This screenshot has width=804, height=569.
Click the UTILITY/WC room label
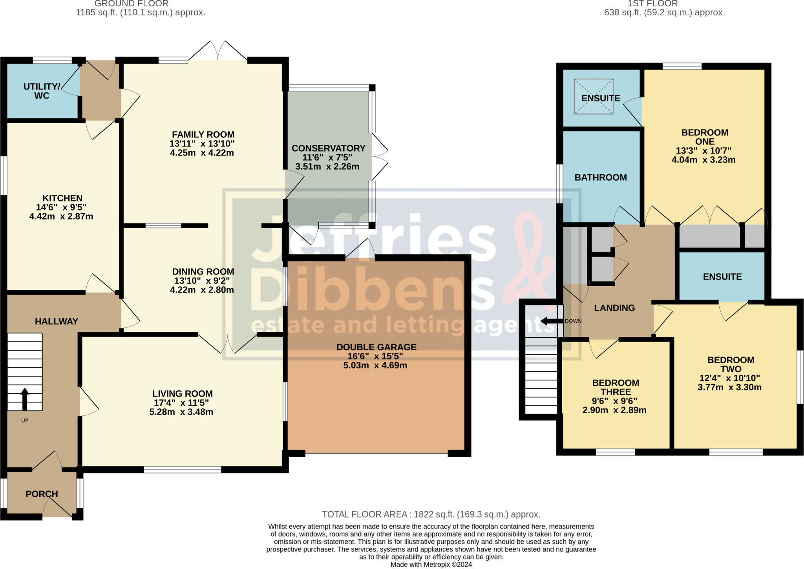pos(42,91)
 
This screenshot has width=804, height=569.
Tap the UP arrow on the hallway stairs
pos(25,399)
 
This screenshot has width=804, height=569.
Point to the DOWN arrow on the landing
pos(552,321)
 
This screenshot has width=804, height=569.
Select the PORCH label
pos(42,494)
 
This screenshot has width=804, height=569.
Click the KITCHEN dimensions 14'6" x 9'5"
pos(61,207)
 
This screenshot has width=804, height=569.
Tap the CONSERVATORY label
pos(329,148)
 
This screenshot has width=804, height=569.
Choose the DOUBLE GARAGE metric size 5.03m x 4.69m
pos(375,366)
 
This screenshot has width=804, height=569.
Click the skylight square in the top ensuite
pos(594,97)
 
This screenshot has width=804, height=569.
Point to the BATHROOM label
pos(601,177)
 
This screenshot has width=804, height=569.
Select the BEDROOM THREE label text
pos(616,388)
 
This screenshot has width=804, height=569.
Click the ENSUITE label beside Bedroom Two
pos(722,277)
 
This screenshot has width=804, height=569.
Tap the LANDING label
pos(614,308)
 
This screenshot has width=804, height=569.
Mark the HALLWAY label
pos(57,322)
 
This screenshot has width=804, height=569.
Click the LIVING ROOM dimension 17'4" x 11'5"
pos(181,403)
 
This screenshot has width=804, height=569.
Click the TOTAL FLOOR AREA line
pos(431,514)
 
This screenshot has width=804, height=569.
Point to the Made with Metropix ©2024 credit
pos(431,565)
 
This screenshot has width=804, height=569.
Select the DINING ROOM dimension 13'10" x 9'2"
pos(202,281)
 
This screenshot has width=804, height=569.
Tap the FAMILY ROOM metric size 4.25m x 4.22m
pos(202,153)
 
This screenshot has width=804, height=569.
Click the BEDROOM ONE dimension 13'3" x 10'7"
pos(703,151)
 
